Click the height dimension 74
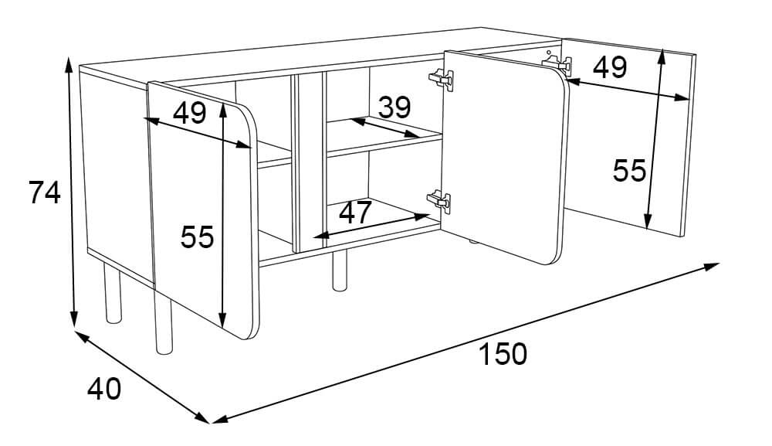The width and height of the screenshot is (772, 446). [x=44, y=192]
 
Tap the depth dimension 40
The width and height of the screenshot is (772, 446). [x=104, y=390]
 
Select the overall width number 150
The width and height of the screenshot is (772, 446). [x=503, y=354]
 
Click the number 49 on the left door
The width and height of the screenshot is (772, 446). [x=190, y=113]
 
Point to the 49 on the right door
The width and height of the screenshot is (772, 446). [x=610, y=67]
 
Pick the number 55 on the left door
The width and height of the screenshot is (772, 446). [x=197, y=237]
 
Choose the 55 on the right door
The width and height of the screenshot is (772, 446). [x=629, y=171]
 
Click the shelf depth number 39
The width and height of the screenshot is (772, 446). [x=394, y=107]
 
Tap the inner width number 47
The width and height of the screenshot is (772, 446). [x=355, y=213]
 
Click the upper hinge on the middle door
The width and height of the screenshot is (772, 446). [x=442, y=80]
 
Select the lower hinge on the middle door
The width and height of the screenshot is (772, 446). [x=439, y=200]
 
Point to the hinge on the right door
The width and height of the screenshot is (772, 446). [x=557, y=63]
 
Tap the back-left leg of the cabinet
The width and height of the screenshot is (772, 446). [x=113, y=294]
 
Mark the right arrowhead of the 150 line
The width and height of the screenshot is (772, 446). [x=713, y=267]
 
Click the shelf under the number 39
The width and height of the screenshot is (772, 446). [x=384, y=139]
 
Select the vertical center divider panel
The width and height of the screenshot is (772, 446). [x=309, y=162]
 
